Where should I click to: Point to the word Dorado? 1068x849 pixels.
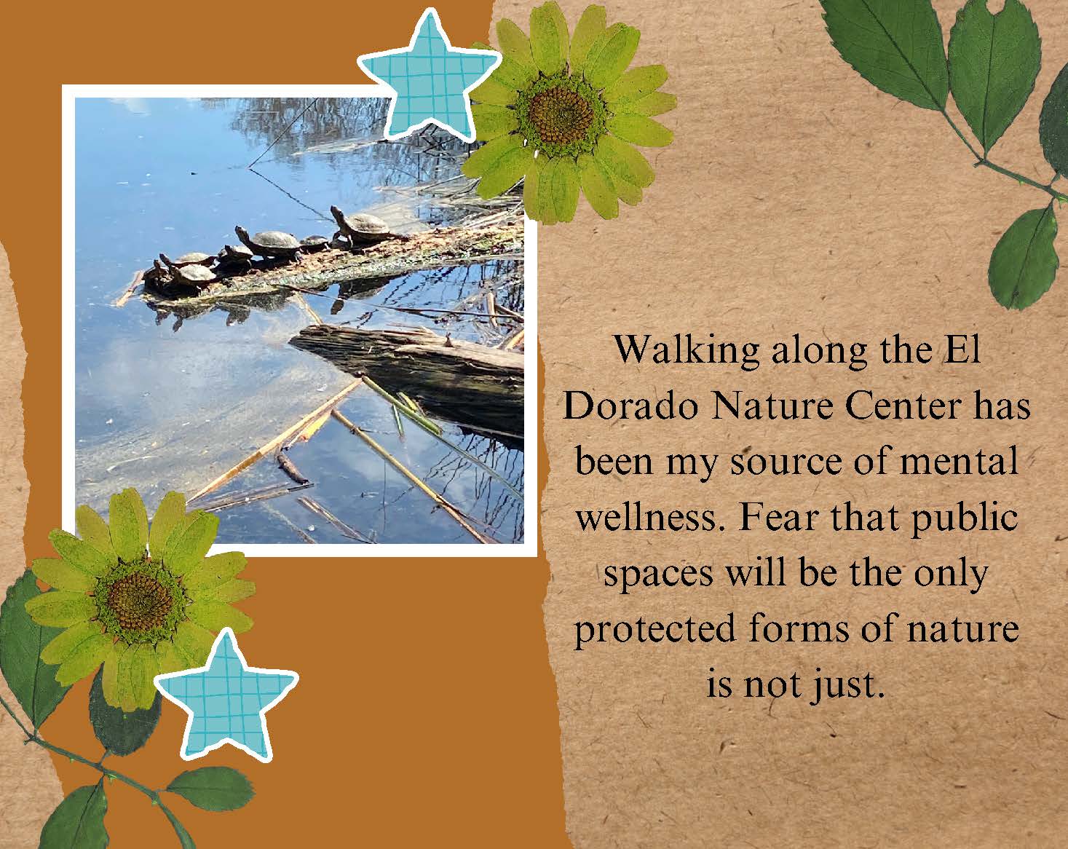coord(635,406)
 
